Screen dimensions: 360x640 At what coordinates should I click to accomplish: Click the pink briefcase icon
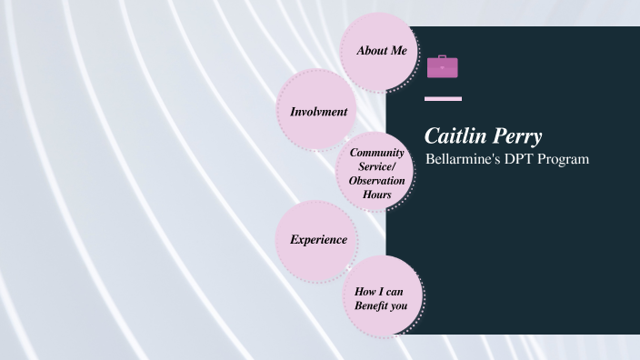pyautogui.click(x=443, y=66)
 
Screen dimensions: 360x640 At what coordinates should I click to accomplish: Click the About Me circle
pyautogui.click(x=377, y=52)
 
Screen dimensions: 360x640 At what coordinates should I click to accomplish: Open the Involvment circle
pyautogui.click(x=317, y=112)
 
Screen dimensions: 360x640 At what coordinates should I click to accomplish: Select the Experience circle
pyautogui.click(x=317, y=240)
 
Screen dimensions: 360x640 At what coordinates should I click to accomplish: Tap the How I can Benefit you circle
pyautogui.click(x=381, y=296)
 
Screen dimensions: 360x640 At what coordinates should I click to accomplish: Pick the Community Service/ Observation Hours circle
pyautogui.click(x=376, y=174)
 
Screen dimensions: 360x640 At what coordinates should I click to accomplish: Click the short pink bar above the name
pyautogui.click(x=444, y=98)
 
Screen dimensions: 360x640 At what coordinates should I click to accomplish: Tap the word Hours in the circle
pyautogui.click(x=376, y=195)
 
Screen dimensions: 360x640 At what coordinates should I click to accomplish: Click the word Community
pyautogui.click(x=376, y=153)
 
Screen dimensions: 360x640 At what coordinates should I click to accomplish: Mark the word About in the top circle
pyautogui.click(x=371, y=51)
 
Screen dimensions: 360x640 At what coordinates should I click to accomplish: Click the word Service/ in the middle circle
pyautogui.click(x=376, y=166)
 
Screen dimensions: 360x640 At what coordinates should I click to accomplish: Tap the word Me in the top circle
pyautogui.click(x=397, y=51)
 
